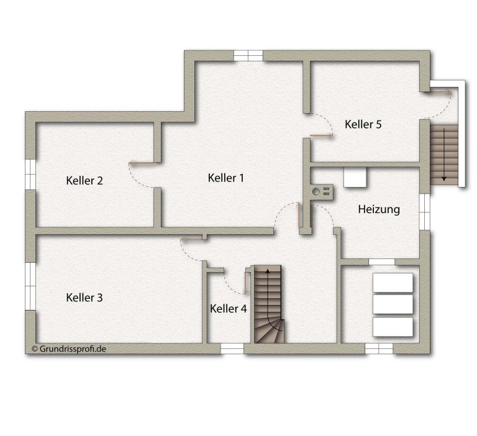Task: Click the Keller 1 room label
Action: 226,178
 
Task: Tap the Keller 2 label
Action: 84,180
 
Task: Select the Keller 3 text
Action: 84,297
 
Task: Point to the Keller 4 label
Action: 228,309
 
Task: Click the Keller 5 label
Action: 363,124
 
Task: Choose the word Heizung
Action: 379,209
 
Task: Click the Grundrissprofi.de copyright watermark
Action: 69,348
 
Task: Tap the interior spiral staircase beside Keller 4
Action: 268,304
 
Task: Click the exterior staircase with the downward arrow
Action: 444,155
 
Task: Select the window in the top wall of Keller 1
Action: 248,56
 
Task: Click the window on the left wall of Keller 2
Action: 30,175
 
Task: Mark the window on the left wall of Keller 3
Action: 30,286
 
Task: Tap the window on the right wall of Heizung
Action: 425,211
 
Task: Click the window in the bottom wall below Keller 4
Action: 232,348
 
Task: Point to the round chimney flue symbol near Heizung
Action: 316,192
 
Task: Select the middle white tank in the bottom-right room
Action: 393,304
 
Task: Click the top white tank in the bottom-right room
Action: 393,283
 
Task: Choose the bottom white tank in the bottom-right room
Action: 393,327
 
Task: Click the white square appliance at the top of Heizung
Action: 355,177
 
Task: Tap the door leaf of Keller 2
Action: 141,163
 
